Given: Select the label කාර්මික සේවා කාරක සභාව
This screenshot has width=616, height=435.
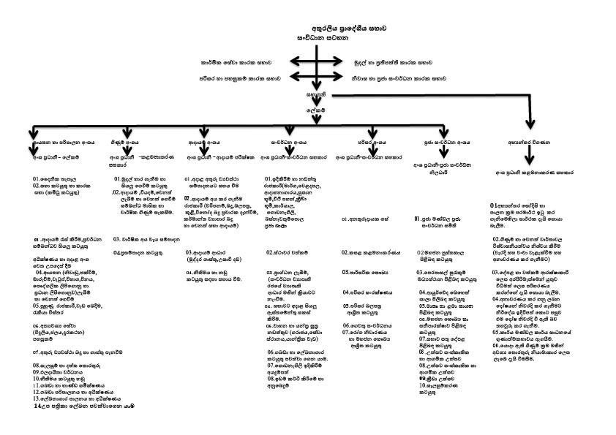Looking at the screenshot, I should (x=241, y=64).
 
